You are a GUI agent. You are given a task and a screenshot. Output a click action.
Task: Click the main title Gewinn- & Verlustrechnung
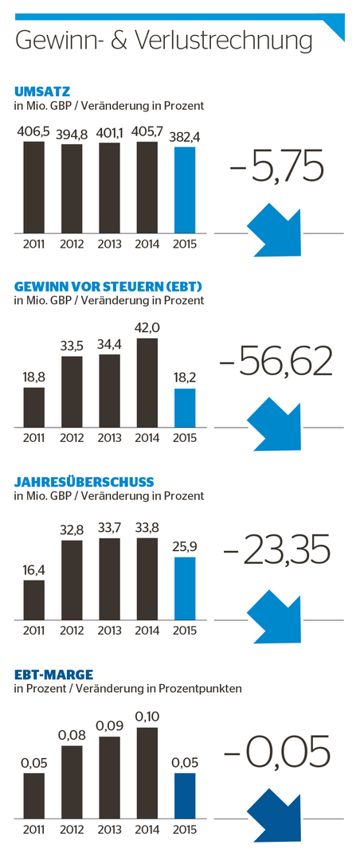click(164, 40)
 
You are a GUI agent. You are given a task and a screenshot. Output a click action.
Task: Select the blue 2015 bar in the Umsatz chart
click(185, 190)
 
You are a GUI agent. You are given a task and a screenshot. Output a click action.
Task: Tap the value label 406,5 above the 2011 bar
click(34, 131)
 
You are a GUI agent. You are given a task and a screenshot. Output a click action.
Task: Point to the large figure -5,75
click(275, 168)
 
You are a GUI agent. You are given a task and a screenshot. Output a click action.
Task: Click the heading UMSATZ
click(42, 92)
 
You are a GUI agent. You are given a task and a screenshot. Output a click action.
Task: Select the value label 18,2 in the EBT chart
click(185, 378)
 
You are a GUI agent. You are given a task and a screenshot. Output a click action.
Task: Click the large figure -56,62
click(276, 362)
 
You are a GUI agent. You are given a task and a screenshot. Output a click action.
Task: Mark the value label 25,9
click(185, 547)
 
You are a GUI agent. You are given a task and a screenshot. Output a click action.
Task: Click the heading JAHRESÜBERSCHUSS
click(84, 482)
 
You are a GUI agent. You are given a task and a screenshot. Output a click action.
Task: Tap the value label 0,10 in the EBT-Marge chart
click(147, 716)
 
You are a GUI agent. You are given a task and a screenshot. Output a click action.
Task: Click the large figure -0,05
click(276, 752)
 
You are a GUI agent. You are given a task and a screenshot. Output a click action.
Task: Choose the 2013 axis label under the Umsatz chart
click(110, 244)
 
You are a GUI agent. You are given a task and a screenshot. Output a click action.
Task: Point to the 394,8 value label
click(72, 134)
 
